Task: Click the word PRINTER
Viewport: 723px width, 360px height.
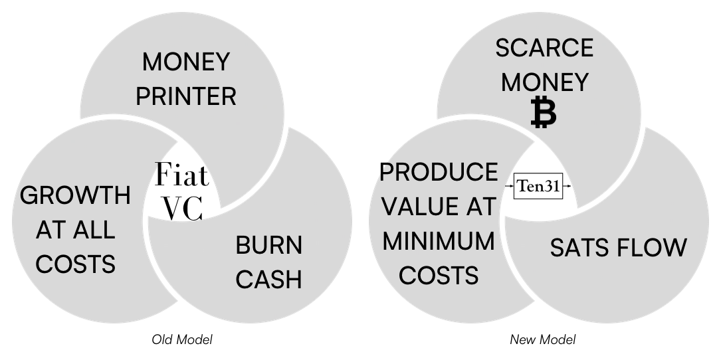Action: (186, 96)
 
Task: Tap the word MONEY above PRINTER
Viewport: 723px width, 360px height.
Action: (186, 63)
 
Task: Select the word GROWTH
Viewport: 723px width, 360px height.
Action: (75, 196)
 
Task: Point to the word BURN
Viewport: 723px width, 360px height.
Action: (268, 246)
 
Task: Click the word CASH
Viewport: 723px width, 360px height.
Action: (268, 280)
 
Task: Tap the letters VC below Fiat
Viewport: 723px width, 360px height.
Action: (182, 209)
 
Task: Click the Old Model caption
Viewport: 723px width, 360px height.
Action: (182, 340)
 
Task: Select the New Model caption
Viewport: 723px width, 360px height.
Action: (542, 340)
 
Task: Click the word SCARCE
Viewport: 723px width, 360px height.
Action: (544, 48)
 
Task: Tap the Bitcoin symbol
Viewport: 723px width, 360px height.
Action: (544, 112)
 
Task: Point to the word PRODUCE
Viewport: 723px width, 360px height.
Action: (439, 173)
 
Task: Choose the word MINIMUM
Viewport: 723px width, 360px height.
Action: (439, 240)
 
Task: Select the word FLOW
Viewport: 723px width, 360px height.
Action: (654, 248)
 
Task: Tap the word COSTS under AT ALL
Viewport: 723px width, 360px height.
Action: (75, 264)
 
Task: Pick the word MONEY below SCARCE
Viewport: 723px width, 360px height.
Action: (544, 82)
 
